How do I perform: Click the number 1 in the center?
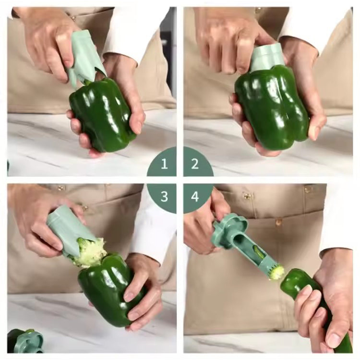(164, 164)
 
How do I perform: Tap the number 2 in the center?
(195, 164)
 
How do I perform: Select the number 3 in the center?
(164, 196)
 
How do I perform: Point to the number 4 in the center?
(195, 196)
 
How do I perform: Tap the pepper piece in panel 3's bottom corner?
(24, 341)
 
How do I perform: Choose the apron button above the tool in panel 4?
(247, 196)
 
